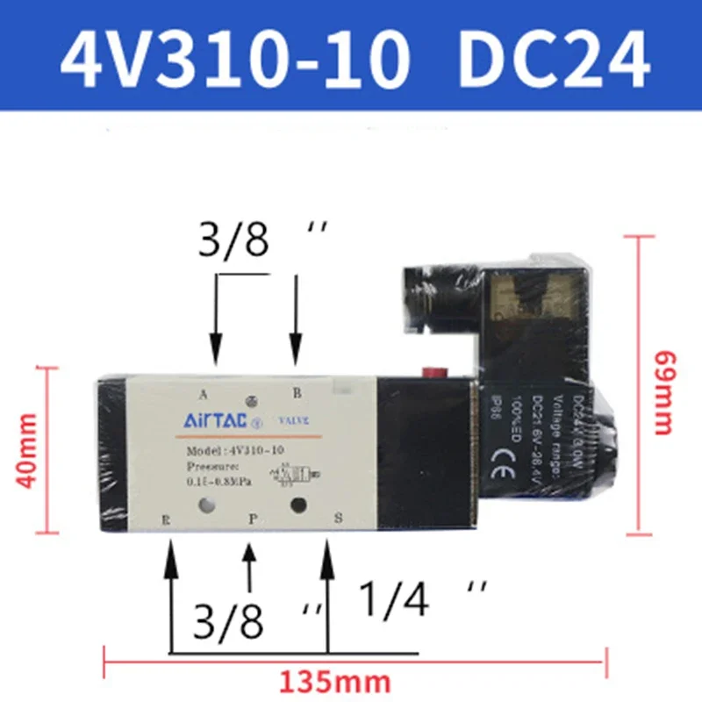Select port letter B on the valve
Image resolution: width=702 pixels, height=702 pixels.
[296, 392]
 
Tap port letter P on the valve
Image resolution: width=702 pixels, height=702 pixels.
[252, 519]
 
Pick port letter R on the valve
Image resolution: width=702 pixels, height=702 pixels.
[165, 519]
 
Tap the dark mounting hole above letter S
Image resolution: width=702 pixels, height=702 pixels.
[298, 505]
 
